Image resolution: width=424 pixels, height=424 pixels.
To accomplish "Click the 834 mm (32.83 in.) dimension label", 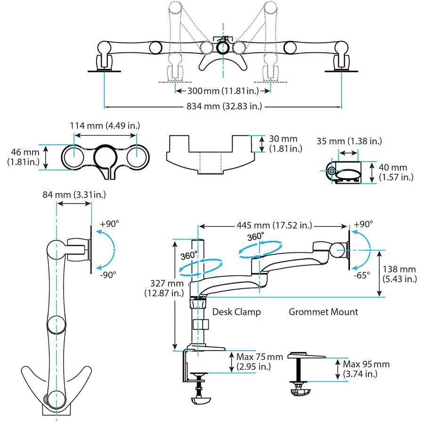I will pyautogui.click(x=223, y=106).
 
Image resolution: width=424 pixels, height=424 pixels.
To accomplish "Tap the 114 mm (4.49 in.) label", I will pyautogui.click(x=105, y=126).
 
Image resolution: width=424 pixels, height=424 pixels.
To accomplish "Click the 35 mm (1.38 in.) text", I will pyautogui.click(x=349, y=141).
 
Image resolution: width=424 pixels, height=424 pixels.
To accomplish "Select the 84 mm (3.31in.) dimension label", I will pyautogui.click(x=73, y=194).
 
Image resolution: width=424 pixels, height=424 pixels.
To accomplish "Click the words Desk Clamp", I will pyautogui.click(x=236, y=312).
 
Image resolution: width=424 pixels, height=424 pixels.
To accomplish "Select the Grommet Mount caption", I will pyautogui.click(x=323, y=312).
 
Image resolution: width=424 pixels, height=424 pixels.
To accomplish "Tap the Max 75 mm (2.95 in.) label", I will pyautogui.click(x=260, y=362).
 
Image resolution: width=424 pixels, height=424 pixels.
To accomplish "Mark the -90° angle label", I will pyautogui.click(x=108, y=274).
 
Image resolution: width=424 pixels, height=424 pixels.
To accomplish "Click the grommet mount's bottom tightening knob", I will pyautogui.click(x=299, y=392).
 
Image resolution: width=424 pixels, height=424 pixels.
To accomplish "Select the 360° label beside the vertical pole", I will pyautogui.click(x=189, y=256).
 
